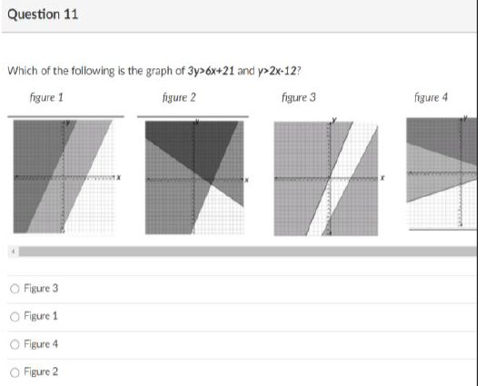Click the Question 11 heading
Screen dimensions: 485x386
click(x=43, y=15)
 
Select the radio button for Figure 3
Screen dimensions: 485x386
click(x=15, y=289)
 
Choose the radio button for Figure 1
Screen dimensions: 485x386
click(x=15, y=316)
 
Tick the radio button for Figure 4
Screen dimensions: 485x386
click(x=15, y=344)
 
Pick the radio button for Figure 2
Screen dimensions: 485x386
click(x=15, y=372)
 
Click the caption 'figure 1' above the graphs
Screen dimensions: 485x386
click(x=46, y=98)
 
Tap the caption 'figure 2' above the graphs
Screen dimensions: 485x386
click(x=179, y=98)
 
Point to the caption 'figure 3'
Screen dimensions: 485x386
click(x=299, y=98)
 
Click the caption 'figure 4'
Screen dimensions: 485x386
click(x=431, y=98)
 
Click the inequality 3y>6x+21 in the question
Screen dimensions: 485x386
click(x=211, y=71)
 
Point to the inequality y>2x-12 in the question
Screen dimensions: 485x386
click(x=277, y=71)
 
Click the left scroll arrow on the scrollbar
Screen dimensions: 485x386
click(x=14, y=252)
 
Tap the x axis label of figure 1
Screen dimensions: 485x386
click(x=118, y=177)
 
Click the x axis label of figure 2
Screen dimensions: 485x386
click(x=246, y=180)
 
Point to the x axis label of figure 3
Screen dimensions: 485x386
click(x=382, y=178)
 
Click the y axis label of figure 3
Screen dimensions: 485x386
click(x=334, y=120)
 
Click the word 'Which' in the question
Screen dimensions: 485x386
click(x=23, y=71)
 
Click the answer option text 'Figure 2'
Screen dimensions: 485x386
click(x=41, y=371)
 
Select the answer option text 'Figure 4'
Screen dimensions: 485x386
click(x=41, y=343)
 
